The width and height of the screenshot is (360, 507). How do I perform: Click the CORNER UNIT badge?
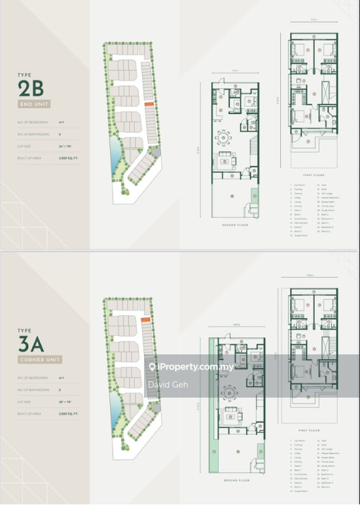[40, 359]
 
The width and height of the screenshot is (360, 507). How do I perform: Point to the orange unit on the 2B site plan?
[149, 103]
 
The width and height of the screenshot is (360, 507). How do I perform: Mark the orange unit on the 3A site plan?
[147, 318]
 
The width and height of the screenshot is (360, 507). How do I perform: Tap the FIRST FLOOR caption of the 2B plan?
[312, 175]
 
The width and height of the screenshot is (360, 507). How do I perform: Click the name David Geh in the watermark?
[168, 385]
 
